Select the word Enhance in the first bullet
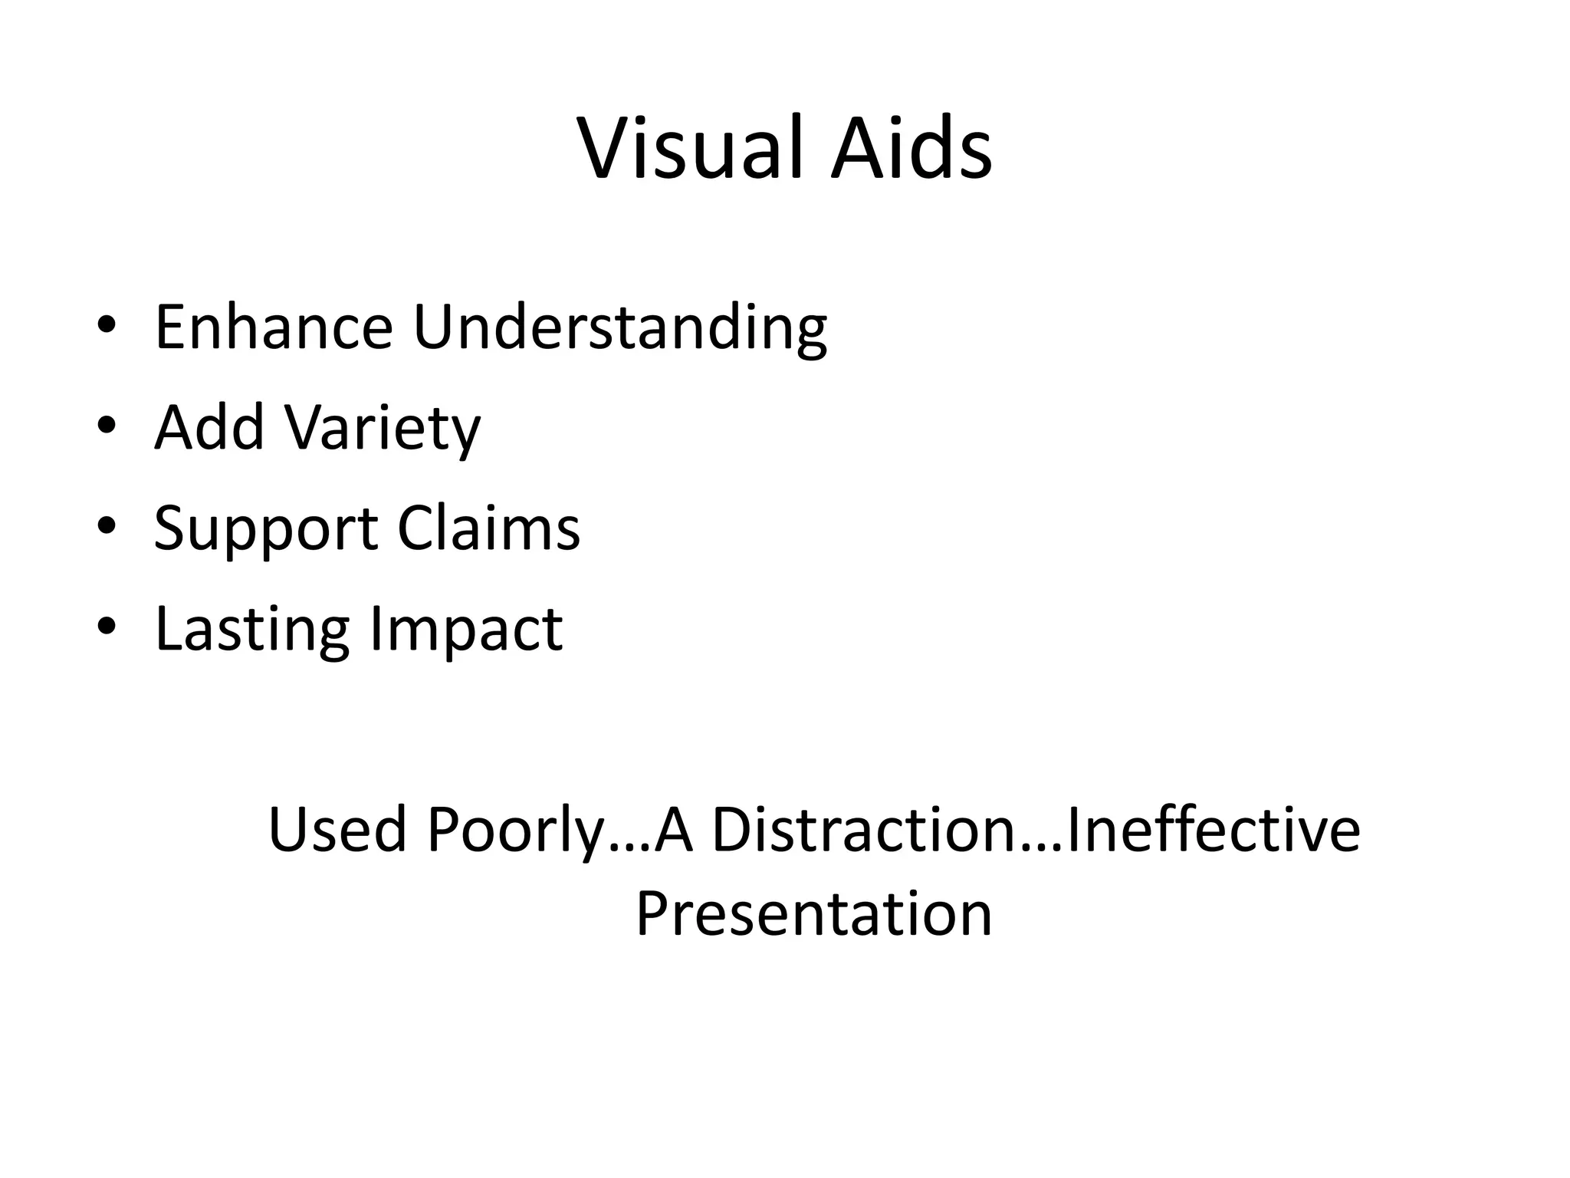(x=274, y=327)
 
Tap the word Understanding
(x=619, y=327)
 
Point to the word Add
(x=209, y=427)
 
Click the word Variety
(x=383, y=429)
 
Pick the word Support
(x=266, y=529)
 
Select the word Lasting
(x=252, y=629)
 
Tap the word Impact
(x=465, y=629)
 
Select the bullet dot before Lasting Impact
(x=107, y=626)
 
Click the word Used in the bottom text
(x=337, y=830)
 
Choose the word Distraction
(x=863, y=830)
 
